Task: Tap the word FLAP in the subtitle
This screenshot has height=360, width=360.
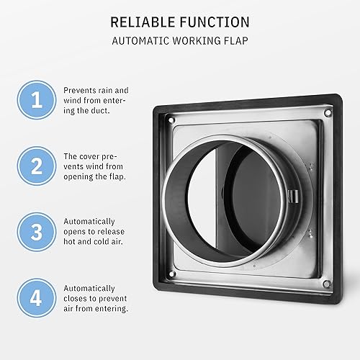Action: (234, 41)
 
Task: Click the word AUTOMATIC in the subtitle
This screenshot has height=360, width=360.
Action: (140, 41)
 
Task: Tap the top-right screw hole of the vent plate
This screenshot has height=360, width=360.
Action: (326, 113)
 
